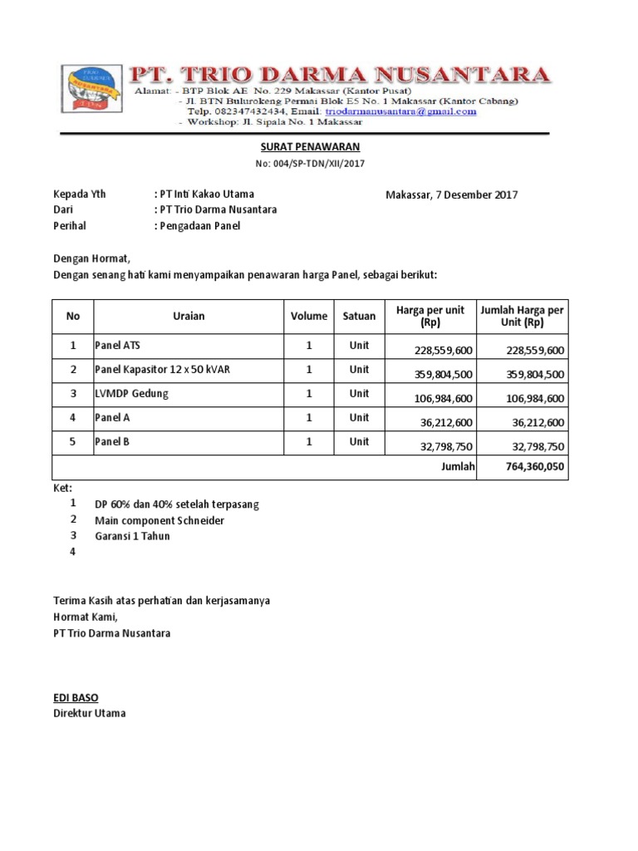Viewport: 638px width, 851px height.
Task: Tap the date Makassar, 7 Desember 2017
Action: point(451,195)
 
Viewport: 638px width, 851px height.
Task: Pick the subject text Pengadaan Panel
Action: point(199,225)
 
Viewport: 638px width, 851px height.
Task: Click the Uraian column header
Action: point(189,316)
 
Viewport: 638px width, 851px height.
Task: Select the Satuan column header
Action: point(359,316)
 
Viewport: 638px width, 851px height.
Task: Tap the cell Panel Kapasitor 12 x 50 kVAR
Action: point(162,369)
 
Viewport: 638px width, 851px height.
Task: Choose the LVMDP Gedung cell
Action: point(131,393)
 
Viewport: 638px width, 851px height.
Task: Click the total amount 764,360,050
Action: point(535,467)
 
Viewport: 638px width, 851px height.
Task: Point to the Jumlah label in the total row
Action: point(458,467)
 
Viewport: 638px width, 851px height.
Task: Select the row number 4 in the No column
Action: point(73,417)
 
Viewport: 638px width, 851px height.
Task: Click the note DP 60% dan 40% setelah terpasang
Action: point(177,505)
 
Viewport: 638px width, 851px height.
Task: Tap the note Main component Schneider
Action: point(159,521)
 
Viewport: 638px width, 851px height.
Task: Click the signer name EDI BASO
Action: point(76,698)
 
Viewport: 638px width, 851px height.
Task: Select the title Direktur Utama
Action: point(90,713)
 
